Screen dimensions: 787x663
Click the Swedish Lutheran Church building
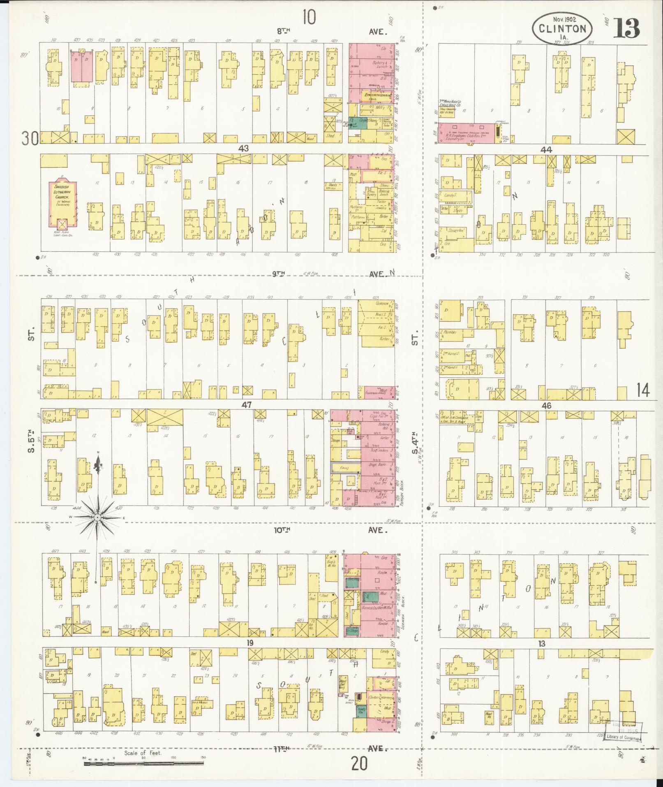(62, 204)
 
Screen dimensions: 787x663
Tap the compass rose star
(98, 517)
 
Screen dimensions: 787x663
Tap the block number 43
(243, 149)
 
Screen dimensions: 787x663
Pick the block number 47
(246, 405)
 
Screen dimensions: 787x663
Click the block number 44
(547, 150)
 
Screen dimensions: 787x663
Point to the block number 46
(546, 406)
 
